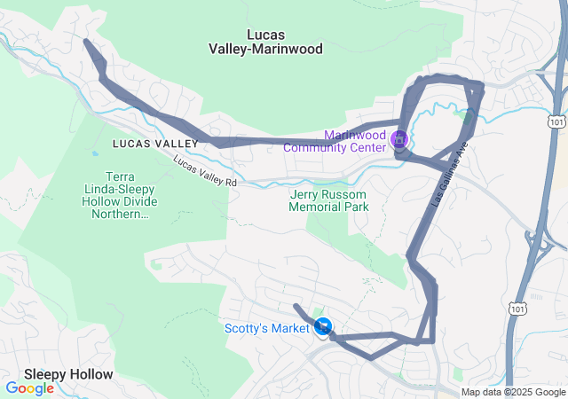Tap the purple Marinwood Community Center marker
[398, 139]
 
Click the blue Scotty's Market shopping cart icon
[323, 328]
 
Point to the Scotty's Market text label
[265, 329]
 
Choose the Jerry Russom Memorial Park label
[328, 200]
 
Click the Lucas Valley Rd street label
[206, 170]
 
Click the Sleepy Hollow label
[68, 374]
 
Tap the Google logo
[29, 388]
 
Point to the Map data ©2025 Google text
[513, 392]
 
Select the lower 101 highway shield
[517, 308]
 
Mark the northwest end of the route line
[86, 41]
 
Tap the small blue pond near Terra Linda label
[95, 153]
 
